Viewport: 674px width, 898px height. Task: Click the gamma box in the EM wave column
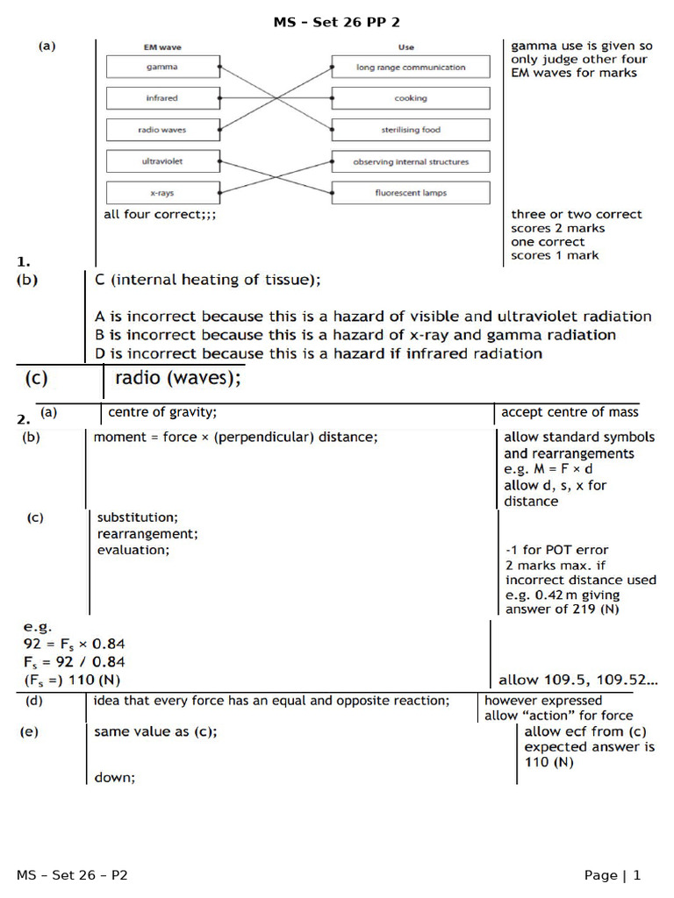pos(161,67)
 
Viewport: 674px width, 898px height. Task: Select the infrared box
pos(161,98)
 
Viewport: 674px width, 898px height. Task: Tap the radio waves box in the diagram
pos(161,130)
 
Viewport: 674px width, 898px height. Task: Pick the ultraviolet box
pos(161,161)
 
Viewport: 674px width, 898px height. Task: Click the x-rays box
pos(161,193)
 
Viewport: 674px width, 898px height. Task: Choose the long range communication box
pos(411,67)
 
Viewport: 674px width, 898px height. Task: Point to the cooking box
pos(411,98)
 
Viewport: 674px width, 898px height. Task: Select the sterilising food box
pos(411,130)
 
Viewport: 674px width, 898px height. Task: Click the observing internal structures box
pos(411,161)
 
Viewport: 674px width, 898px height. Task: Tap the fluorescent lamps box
pos(411,193)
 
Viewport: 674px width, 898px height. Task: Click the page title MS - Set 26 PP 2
pos(336,22)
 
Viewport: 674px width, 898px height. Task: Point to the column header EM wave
pos(161,47)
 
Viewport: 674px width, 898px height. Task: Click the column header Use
pos(405,47)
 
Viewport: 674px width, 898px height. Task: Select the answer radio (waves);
pos(177,378)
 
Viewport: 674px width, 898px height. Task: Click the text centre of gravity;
pos(162,411)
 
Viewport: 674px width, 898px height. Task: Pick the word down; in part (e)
pos(115,777)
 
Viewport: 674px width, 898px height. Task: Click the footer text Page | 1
pos(613,874)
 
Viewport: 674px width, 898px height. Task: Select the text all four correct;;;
pos(160,214)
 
